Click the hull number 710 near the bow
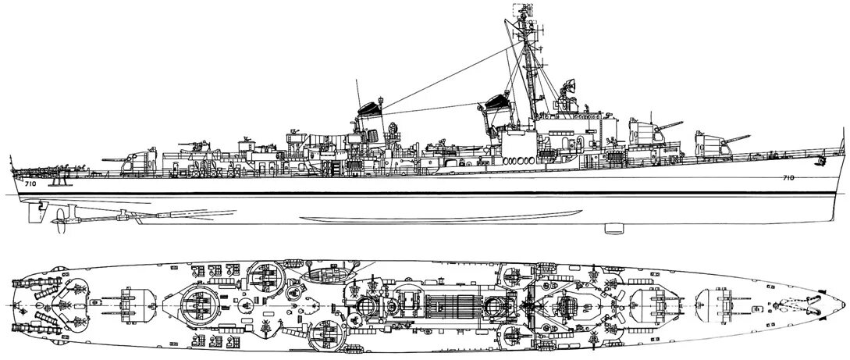(788, 178)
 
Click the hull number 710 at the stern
(30, 185)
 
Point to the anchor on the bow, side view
(820, 162)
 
